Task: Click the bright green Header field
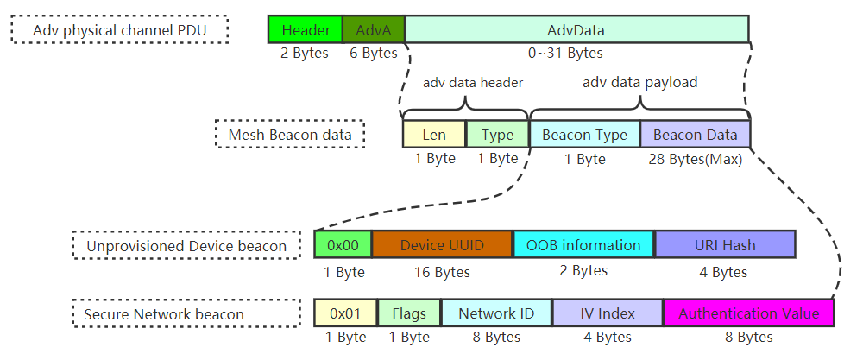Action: point(306,30)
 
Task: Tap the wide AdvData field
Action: point(576,30)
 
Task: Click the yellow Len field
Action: point(434,135)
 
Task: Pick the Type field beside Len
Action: point(497,135)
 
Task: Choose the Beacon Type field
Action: point(584,135)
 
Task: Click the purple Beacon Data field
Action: point(695,135)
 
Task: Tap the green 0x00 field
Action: point(343,245)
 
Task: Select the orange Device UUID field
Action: point(442,245)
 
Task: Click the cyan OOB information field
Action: point(583,245)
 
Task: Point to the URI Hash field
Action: point(724,245)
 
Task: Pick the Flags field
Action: point(409,313)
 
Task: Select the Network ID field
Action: point(496,313)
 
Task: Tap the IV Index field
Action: point(608,313)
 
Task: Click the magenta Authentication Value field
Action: point(748,313)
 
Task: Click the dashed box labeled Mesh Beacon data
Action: point(289,135)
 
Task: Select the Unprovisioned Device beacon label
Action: point(186,246)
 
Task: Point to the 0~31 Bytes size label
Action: point(564,54)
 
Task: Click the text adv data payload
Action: point(639,83)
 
